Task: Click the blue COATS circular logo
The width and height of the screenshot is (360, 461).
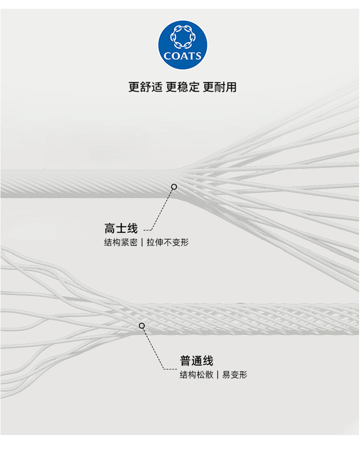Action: coord(182,44)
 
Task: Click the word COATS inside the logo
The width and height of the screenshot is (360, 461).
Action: coord(182,56)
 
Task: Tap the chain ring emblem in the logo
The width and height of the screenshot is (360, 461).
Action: coord(182,37)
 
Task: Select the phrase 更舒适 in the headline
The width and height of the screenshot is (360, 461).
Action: coord(145,87)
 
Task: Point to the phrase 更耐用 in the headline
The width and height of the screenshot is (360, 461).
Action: coord(220,87)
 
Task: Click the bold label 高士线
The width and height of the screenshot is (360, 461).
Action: coord(121,228)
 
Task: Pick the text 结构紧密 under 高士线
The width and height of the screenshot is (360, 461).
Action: coord(120,242)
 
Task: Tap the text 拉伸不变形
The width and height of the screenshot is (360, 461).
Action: coord(168,242)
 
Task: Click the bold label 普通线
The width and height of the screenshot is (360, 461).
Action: coord(196,361)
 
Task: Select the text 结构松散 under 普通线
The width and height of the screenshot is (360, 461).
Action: coord(196,375)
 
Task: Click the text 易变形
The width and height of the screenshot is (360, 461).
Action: coord(234,375)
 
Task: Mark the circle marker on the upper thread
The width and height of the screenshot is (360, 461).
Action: coord(174,187)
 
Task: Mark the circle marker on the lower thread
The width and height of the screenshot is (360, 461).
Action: coord(142,325)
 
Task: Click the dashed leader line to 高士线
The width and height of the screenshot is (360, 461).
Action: coord(162,210)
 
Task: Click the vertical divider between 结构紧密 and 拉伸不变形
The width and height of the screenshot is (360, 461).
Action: coord(142,242)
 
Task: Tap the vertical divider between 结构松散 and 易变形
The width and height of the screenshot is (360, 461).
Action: coord(218,375)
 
